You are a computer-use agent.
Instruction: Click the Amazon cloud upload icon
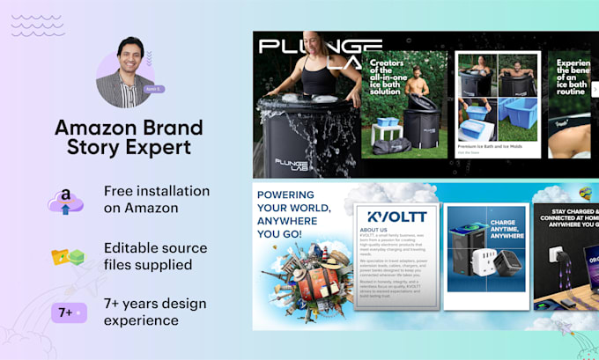click(66, 202)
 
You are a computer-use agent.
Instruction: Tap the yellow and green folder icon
click(67, 257)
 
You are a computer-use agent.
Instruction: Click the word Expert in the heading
click(155, 147)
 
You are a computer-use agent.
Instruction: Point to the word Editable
click(131, 247)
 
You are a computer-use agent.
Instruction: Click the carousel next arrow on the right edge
click(595, 89)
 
